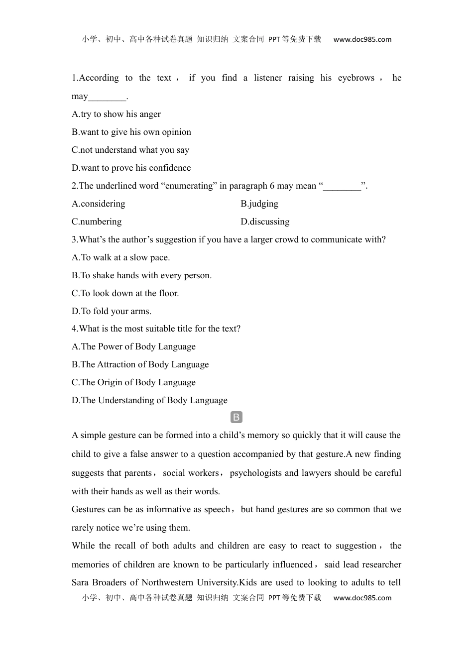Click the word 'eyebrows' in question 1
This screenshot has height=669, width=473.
pos(356,78)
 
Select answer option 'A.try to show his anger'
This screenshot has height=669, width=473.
pos(116,114)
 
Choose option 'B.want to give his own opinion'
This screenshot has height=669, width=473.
pos(131,132)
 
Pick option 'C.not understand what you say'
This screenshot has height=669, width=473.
pos(130,150)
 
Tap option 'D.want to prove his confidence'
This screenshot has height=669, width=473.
pos(131,168)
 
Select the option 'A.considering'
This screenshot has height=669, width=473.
pos(99,204)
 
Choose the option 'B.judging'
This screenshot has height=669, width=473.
pos(259,204)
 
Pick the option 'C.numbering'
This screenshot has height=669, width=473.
pos(97,222)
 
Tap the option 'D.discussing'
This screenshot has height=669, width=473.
pos(265,222)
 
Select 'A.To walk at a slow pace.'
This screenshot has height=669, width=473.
pos(121,258)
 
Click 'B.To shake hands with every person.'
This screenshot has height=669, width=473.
pos(142,276)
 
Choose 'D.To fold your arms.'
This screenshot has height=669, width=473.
pos(112,312)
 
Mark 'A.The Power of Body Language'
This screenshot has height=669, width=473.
pos(133,347)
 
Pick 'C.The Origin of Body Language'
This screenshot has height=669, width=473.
pos(133,383)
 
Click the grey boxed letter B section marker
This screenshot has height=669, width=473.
pos(236,418)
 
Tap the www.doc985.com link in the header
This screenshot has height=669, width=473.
pos(362,40)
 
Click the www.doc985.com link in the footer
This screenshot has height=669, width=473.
pos(362,598)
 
